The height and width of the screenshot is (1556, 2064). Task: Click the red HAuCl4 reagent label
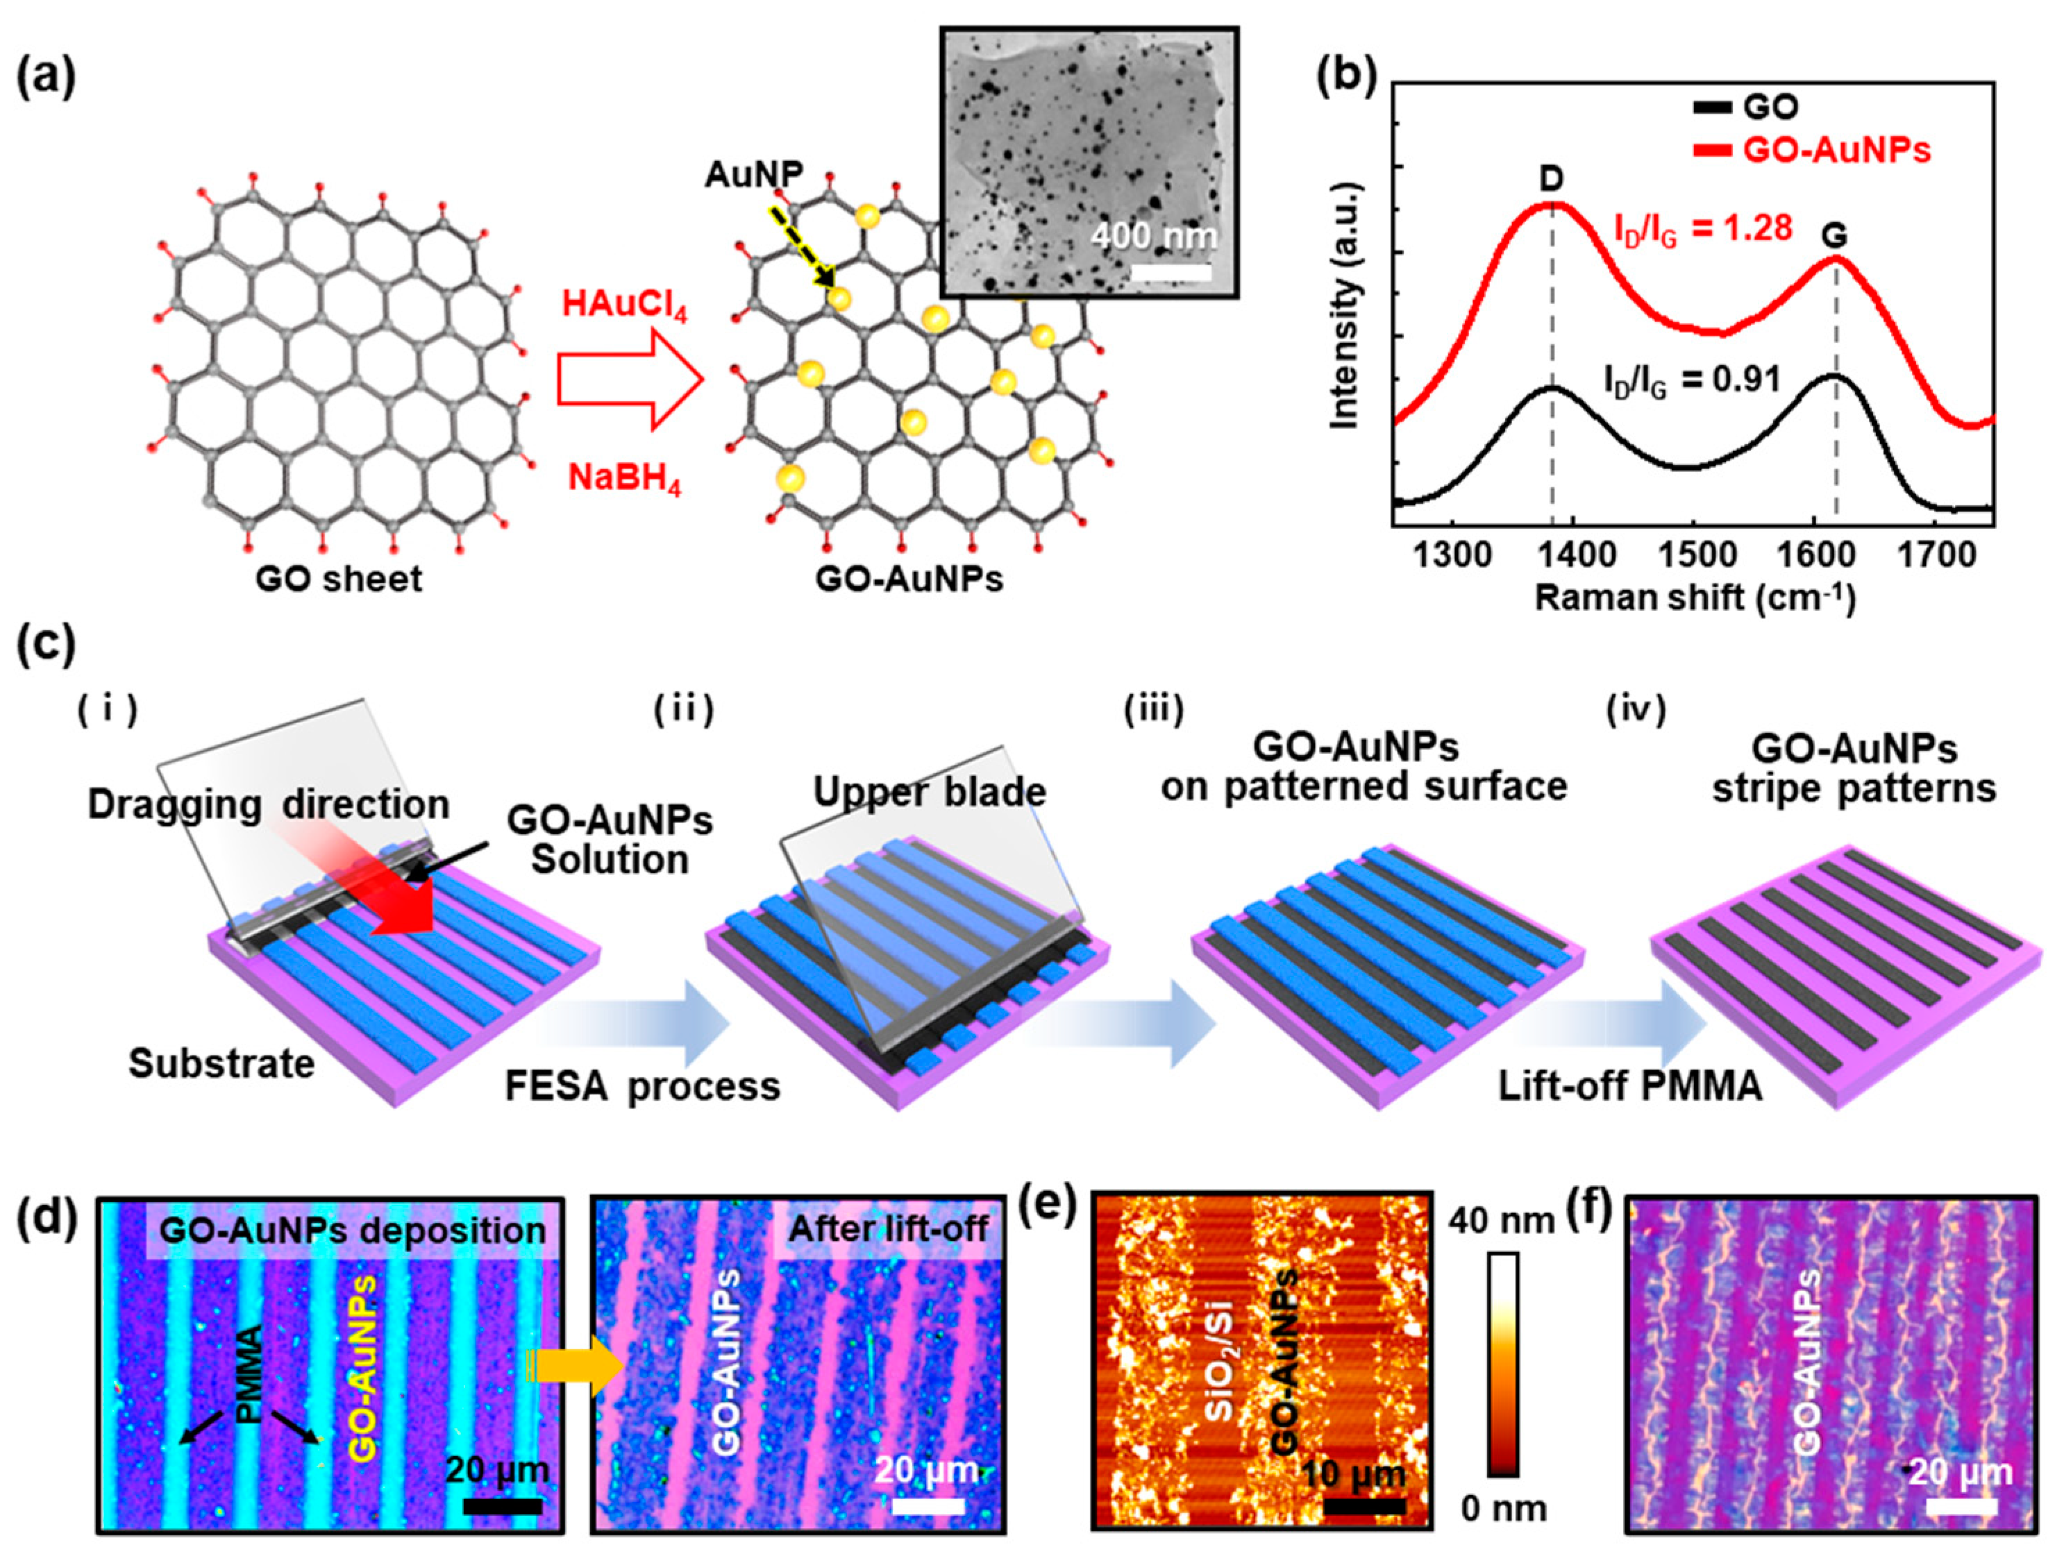click(623, 306)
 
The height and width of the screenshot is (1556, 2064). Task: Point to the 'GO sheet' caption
click(339, 580)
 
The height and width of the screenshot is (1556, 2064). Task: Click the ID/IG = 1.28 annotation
click(1703, 228)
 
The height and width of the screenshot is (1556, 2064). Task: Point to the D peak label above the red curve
click(1552, 179)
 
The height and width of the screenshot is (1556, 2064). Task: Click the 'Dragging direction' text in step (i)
click(268, 804)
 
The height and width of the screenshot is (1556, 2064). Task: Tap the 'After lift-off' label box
click(887, 1228)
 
